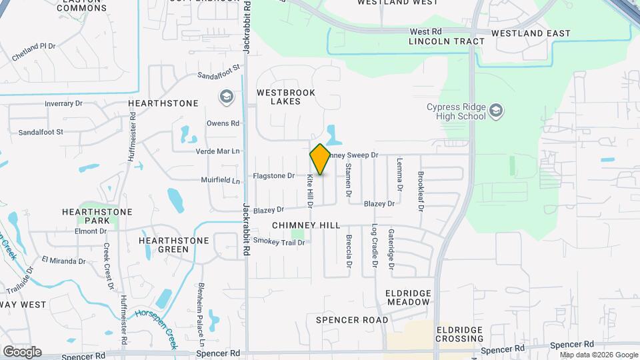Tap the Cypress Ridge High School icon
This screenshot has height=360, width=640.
click(x=495, y=110)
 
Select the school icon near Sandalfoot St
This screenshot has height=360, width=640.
click(x=226, y=97)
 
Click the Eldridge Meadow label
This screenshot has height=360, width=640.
click(x=408, y=297)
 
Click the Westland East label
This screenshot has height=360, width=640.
click(x=531, y=33)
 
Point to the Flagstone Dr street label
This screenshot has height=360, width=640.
click(x=274, y=176)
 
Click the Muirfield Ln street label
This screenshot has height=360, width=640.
click(x=220, y=180)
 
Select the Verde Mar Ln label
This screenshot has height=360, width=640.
click(x=217, y=151)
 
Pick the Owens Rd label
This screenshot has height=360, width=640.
click(x=223, y=123)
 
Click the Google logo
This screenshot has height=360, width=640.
click(x=21, y=352)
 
